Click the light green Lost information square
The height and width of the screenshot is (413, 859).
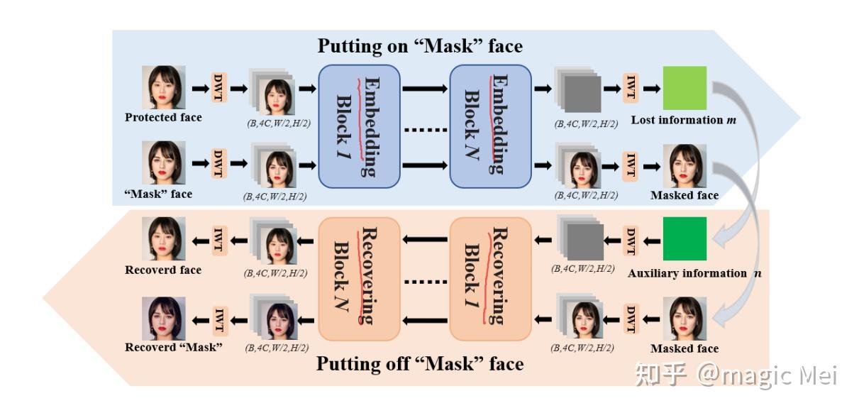coord(685,88)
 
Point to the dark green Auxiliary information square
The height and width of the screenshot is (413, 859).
coord(685,238)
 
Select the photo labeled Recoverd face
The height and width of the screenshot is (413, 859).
coord(163,240)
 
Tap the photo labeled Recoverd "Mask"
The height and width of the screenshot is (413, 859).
coord(163,317)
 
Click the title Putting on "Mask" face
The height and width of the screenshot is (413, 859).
coord(419,47)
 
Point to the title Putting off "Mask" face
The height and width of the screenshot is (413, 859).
coord(419,365)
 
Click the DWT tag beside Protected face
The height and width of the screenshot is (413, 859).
coord(219,88)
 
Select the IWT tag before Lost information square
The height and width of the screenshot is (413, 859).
coord(630,88)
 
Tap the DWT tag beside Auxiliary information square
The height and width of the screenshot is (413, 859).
coord(630,238)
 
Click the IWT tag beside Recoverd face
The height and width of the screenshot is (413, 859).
coord(219,238)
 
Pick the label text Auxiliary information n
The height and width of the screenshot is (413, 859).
coord(687,273)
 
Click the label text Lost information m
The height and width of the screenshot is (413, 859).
coord(682,120)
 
